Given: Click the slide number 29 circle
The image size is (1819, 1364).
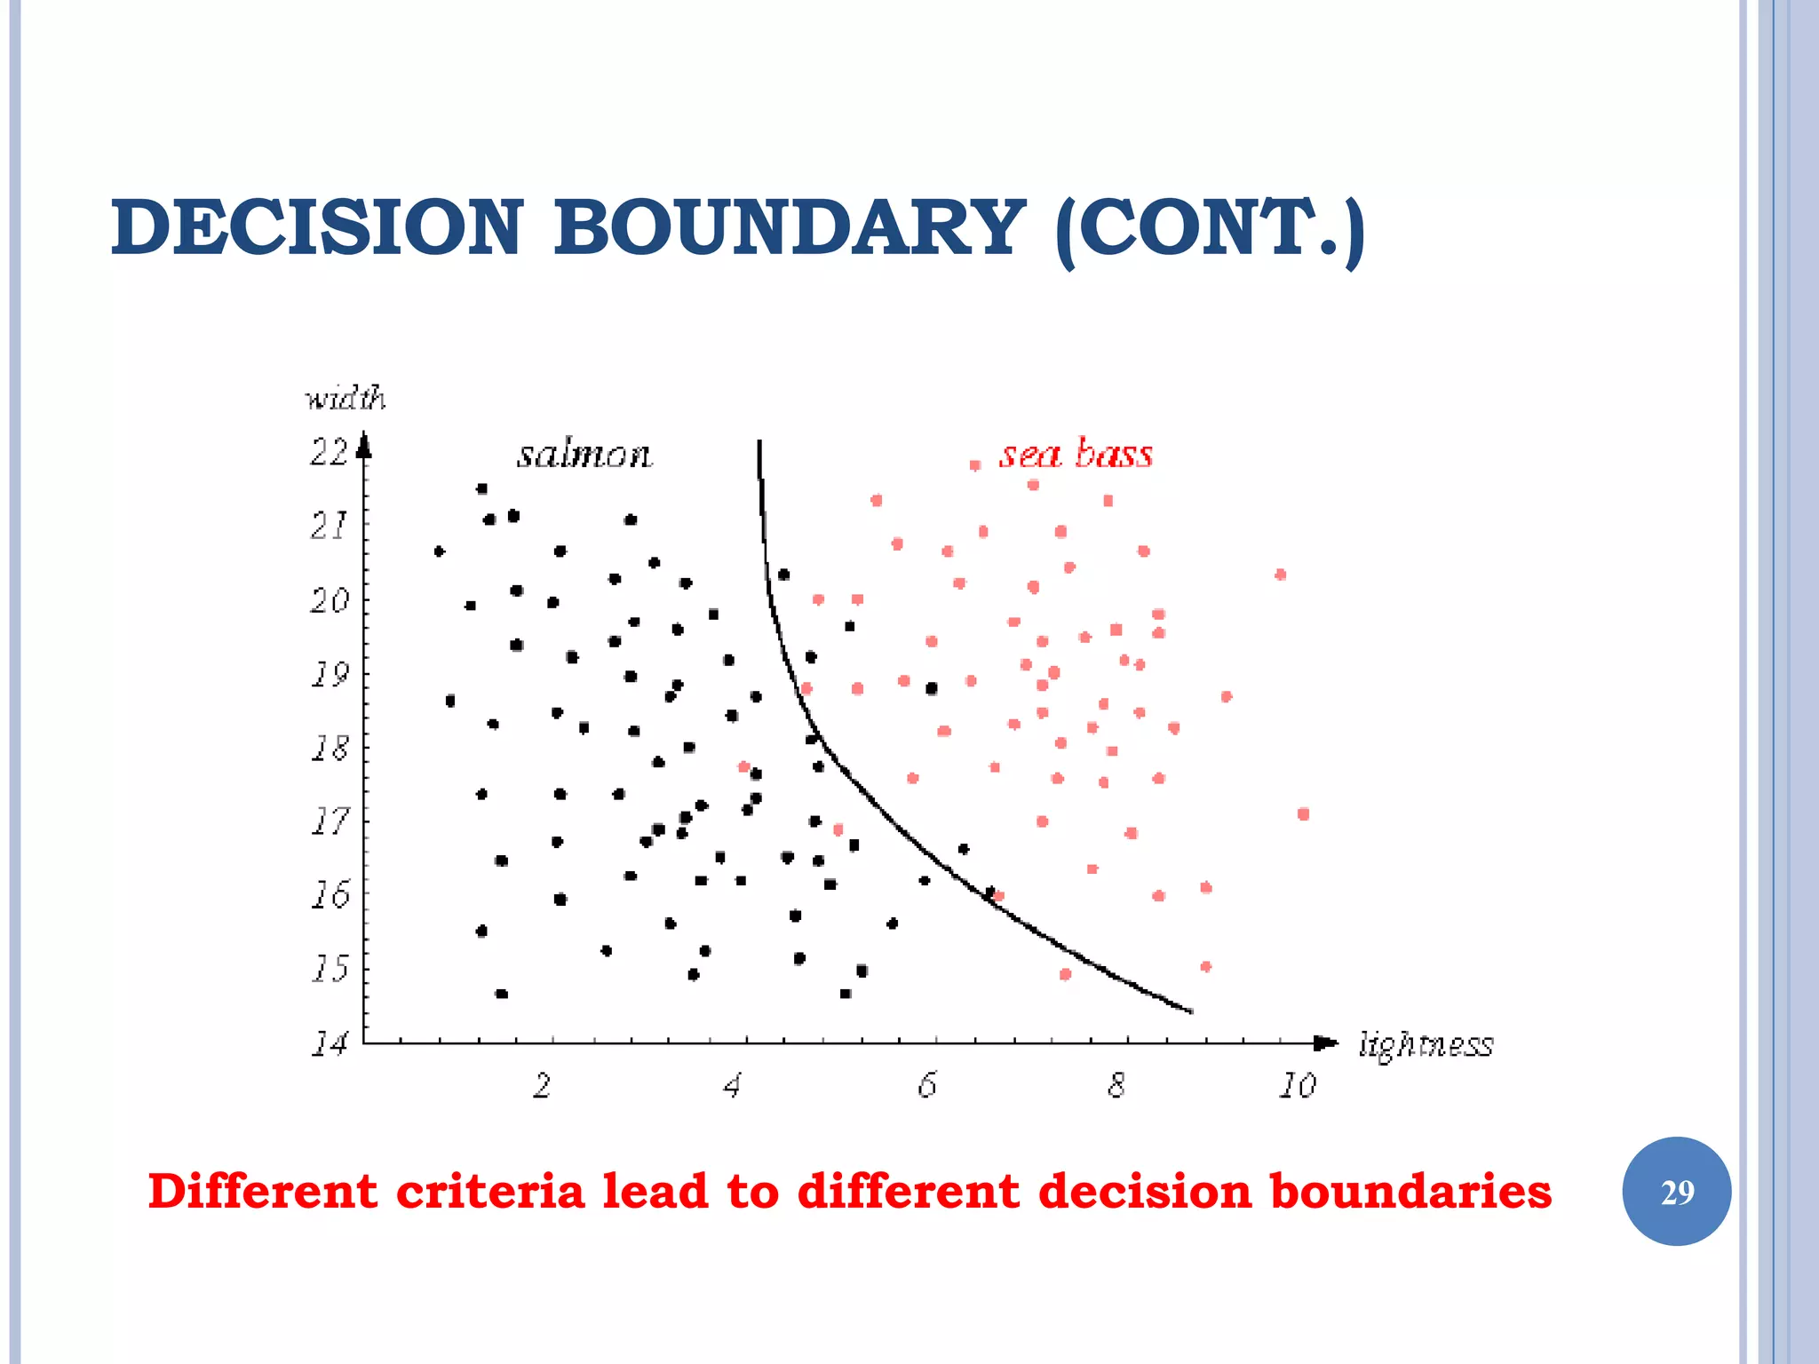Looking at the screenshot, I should pyautogui.click(x=1676, y=1192).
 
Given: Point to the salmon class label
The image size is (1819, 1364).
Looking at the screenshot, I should pyautogui.click(x=584, y=455).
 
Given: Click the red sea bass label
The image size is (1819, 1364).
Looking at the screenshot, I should pyautogui.click(x=1076, y=454).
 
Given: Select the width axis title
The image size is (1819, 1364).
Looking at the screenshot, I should pyautogui.click(x=345, y=399).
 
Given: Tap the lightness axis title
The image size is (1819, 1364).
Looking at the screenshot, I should pyautogui.click(x=1426, y=1045).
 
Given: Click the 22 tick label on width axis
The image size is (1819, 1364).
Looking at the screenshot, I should pyautogui.click(x=328, y=453).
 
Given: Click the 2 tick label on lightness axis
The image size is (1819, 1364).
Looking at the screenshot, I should pyautogui.click(x=542, y=1085).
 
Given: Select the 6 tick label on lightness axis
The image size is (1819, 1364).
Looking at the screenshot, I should pyautogui.click(x=926, y=1085).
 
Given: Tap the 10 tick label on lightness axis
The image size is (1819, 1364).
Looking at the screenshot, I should pyautogui.click(x=1297, y=1085).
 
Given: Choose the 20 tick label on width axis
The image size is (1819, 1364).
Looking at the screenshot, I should pyautogui.click(x=328, y=601).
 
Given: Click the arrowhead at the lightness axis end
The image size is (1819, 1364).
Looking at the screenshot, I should pyautogui.click(x=1326, y=1043).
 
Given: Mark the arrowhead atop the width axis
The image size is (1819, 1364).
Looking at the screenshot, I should pyautogui.click(x=363, y=444).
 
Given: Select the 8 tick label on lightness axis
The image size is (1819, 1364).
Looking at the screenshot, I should pyautogui.click(x=1116, y=1085).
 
